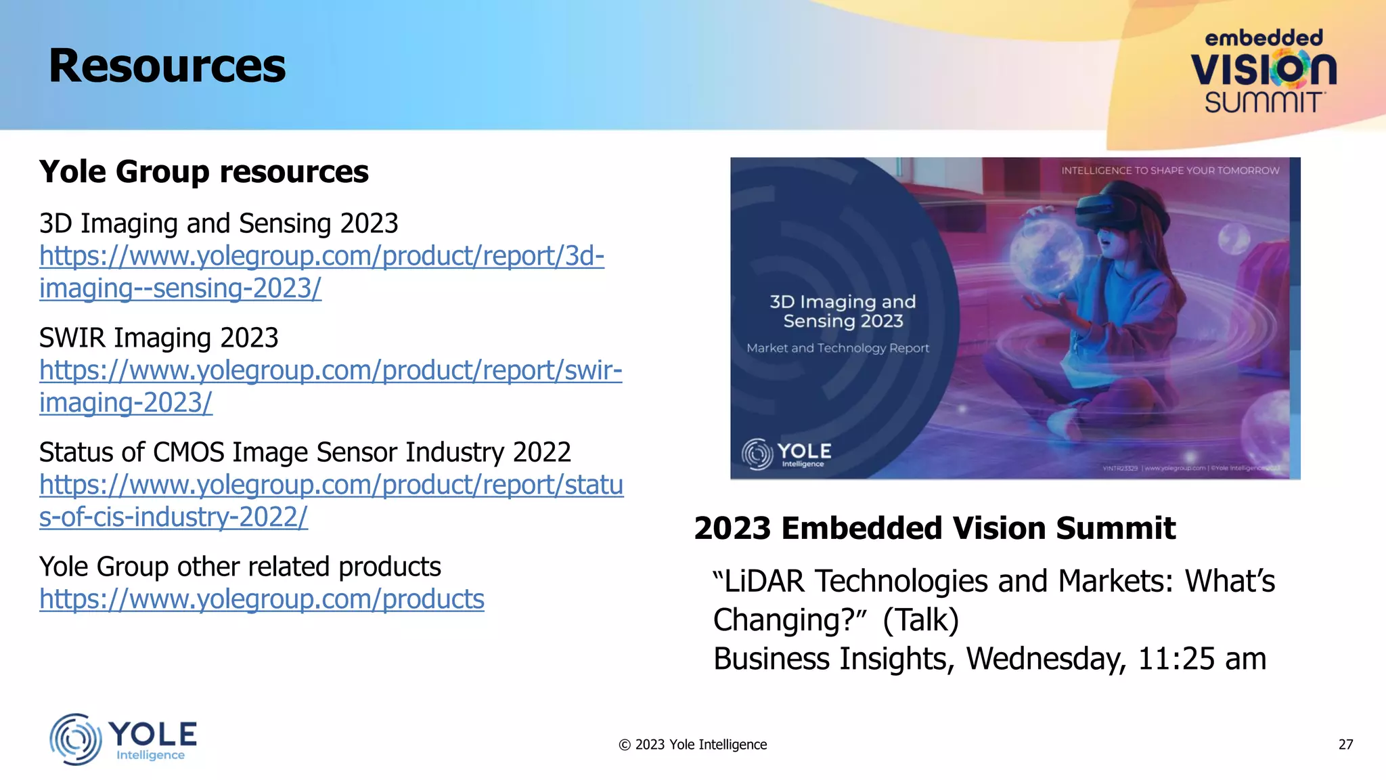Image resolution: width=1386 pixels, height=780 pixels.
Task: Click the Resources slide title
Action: click(x=167, y=66)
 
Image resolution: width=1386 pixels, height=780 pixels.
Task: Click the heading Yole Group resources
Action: click(x=204, y=171)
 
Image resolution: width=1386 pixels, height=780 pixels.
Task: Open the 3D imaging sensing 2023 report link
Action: click(x=321, y=257)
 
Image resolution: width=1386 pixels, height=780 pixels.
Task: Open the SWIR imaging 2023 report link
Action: click(x=330, y=371)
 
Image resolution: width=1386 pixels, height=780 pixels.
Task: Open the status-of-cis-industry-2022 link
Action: click(x=331, y=485)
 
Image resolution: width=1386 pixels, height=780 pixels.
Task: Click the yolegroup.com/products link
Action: click(x=262, y=600)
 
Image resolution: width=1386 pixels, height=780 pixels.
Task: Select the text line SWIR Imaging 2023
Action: click(x=158, y=338)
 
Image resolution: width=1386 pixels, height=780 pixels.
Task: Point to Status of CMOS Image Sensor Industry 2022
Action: click(x=305, y=452)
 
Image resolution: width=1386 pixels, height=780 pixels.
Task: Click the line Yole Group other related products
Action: click(x=240, y=567)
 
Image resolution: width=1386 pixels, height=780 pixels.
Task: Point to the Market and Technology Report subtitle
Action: click(x=838, y=348)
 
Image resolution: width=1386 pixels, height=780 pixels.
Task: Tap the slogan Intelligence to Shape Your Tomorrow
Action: click(x=1170, y=171)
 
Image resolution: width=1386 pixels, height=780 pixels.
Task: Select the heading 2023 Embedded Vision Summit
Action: click(x=935, y=528)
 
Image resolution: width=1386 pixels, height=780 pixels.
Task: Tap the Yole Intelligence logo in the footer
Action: click(x=123, y=739)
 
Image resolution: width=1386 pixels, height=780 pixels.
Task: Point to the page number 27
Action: click(x=1345, y=745)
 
